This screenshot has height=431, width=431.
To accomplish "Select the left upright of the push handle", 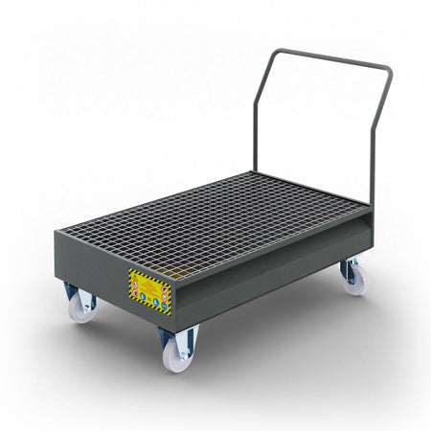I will [x=256, y=125].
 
